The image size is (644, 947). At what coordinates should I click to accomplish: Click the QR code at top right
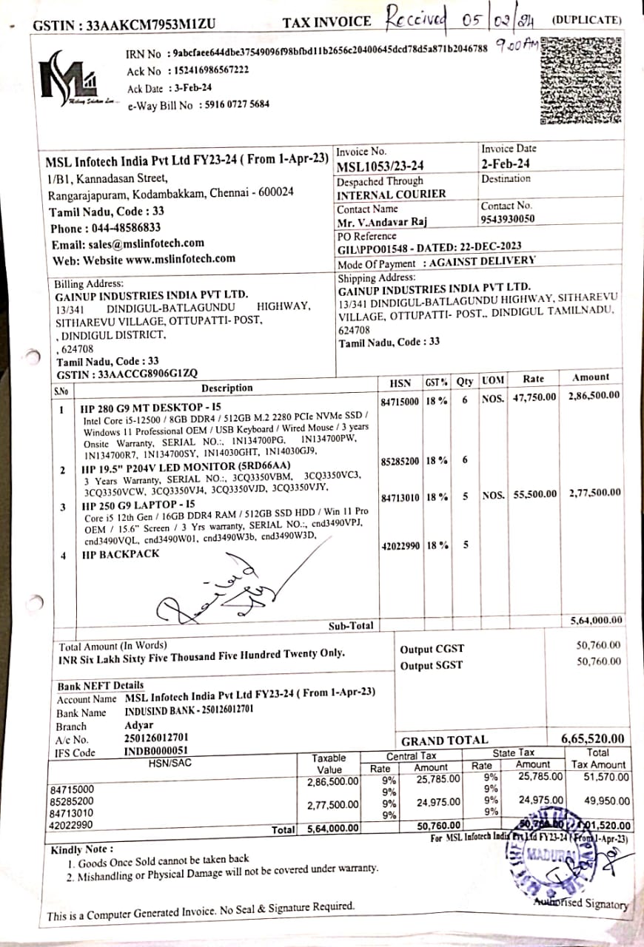(x=582, y=81)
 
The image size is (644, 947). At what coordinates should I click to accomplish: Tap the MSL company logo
(x=72, y=79)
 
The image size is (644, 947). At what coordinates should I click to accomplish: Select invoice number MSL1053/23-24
(x=380, y=166)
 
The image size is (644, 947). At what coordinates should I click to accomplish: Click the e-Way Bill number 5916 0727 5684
(x=234, y=104)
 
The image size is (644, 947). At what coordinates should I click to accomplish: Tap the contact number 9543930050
(x=508, y=219)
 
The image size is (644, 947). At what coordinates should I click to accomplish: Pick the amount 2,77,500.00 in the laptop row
(x=594, y=493)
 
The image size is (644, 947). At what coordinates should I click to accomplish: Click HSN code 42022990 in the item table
(x=400, y=546)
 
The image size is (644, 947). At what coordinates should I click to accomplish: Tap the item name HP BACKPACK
(x=121, y=554)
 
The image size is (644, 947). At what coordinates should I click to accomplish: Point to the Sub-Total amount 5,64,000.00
(x=596, y=620)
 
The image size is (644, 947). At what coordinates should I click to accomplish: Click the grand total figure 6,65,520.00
(x=592, y=738)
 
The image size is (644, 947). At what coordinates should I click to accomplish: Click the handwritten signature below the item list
(x=222, y=592)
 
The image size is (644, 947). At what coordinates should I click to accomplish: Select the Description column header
(x=227, y=388)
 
